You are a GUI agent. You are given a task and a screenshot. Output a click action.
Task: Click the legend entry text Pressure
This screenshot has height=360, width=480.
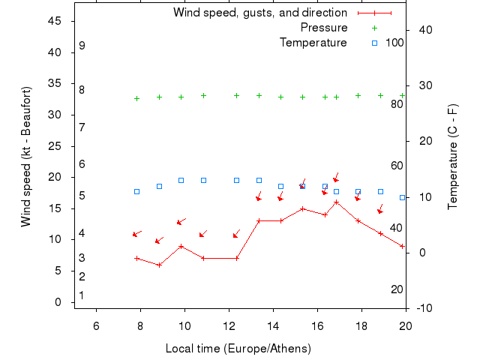324,28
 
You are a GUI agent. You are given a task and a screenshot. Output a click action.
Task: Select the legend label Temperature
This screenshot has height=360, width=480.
313,43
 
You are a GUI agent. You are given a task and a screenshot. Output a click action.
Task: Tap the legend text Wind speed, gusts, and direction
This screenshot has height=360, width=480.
259,13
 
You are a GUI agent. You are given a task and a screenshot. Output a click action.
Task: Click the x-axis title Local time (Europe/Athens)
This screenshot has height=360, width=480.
238,349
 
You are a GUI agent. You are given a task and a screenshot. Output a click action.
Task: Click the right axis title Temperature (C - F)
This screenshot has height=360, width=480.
452,157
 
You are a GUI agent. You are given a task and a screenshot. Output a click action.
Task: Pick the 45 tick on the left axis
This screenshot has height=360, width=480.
55,21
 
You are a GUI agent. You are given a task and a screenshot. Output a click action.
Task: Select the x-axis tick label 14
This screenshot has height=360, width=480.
273,325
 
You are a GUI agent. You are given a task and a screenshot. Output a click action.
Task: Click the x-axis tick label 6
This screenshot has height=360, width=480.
96,325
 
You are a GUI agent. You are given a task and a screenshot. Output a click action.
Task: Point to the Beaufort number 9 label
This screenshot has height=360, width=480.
82,46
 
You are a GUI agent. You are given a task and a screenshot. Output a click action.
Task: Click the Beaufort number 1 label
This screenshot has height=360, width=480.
81,295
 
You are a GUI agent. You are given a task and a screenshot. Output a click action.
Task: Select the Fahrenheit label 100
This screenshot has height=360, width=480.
394,43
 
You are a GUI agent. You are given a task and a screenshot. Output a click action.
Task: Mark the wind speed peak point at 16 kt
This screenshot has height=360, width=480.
336,202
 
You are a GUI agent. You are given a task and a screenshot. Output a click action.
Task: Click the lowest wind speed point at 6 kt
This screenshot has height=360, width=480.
159,265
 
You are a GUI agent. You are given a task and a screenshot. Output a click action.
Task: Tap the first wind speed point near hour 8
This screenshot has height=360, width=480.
136,258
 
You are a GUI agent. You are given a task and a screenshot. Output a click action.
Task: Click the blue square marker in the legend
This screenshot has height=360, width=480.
374,43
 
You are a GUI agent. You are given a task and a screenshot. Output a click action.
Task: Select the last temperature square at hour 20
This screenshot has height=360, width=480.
403,197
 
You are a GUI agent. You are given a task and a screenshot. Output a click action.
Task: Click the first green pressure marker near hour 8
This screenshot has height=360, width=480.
136,98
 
